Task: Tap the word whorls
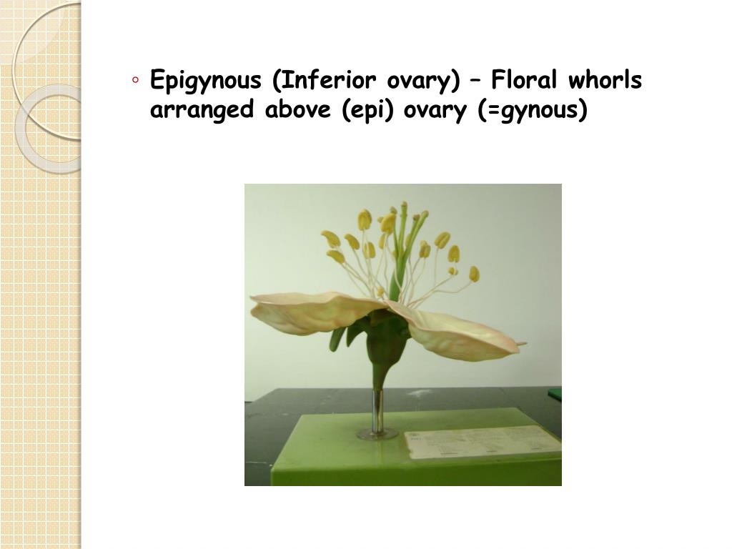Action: [606, 81]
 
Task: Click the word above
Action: [301, 111]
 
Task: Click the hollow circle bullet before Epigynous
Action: [136, 80]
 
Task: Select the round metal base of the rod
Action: [377, 433]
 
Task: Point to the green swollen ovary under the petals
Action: [386, 343]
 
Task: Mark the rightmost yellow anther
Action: [474, 274]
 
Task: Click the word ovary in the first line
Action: [420, 81]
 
